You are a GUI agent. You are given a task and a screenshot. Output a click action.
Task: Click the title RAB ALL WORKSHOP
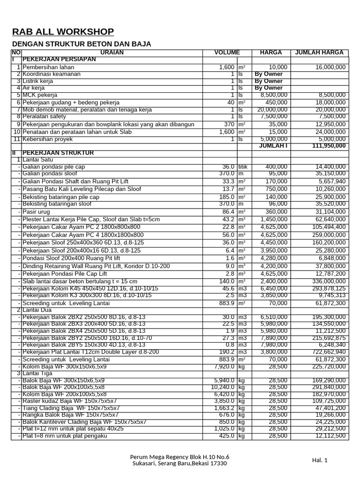[x=63, y=32]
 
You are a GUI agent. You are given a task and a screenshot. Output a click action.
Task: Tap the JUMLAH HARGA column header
[x=319, y=52]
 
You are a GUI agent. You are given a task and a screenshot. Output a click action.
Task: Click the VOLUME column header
[x=227, y=52]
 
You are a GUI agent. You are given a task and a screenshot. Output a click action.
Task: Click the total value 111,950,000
[x=329, y=146]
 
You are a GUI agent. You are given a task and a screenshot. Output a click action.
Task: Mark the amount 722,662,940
[x=328, y=352]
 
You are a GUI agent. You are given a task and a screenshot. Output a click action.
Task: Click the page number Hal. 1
[x=320, y=460]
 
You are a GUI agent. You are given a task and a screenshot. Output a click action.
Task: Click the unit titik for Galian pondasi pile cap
[x=243, y=167]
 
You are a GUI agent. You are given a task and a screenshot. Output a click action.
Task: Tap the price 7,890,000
[x=274, y=338]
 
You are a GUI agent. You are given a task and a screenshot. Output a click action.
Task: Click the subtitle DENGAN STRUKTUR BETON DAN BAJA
[x=81, y=44]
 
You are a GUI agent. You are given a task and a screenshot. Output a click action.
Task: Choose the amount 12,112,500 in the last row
[x=330, y=435]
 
